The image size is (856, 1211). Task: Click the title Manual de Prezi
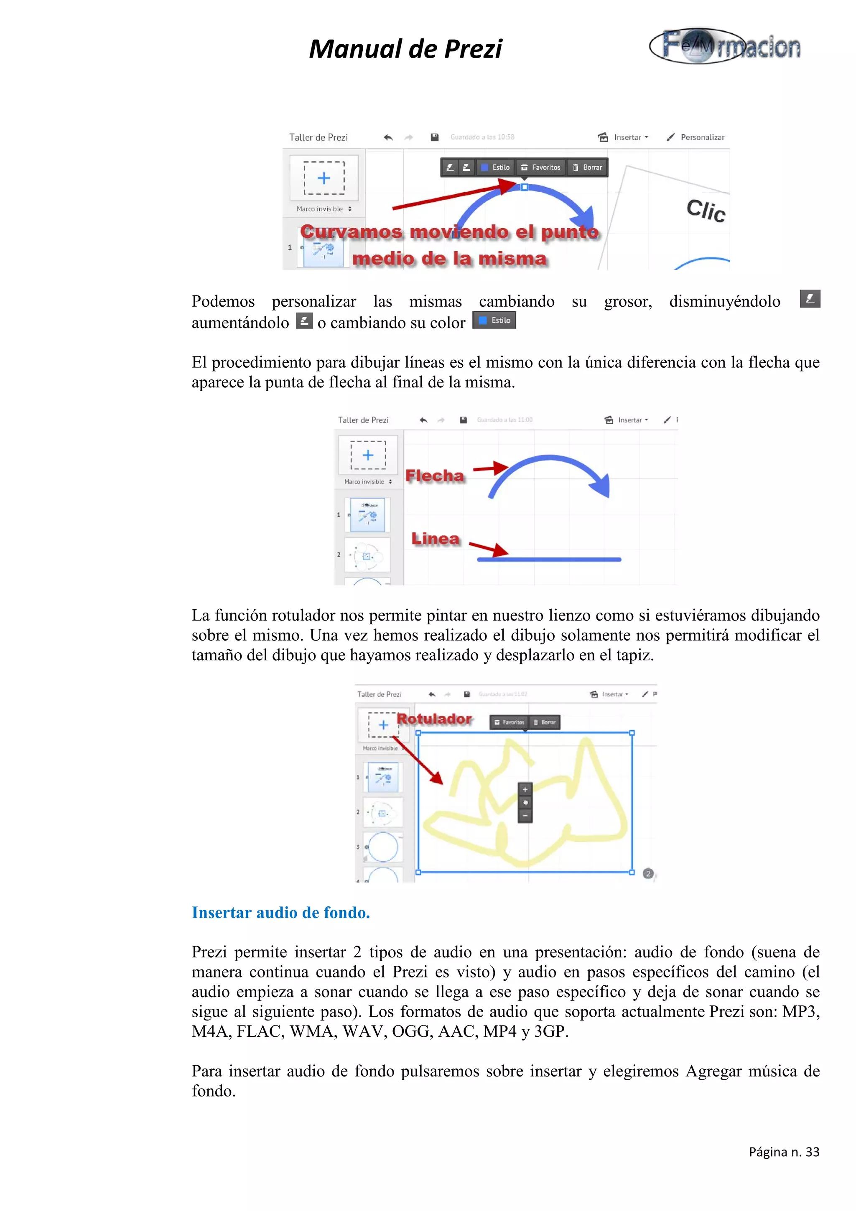pos(405,49)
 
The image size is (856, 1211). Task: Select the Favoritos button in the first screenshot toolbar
pos(540,167)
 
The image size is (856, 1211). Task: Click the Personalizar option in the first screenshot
pos(701,137)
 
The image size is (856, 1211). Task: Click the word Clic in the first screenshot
pos(706,211)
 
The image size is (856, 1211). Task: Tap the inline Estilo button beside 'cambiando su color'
pos(494,320)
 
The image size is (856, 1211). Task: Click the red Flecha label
pos(434,476)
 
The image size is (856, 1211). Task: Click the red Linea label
pos(435,539)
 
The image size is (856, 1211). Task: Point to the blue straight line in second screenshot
pos(548,559)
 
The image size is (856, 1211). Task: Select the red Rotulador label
pos(434,718)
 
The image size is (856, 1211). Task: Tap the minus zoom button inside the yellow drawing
pos(525,815)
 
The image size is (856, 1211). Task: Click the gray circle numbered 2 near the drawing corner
pos(648,873)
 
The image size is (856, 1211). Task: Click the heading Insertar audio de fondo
pos(280,913)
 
